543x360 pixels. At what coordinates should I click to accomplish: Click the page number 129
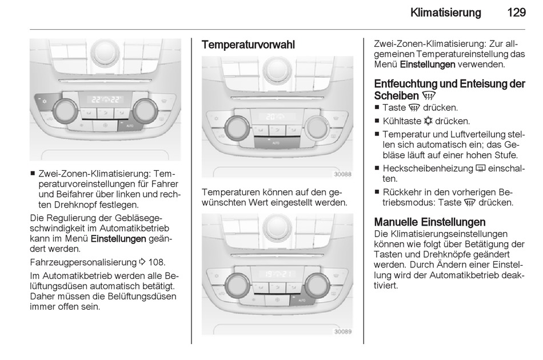click(x=516, y=13)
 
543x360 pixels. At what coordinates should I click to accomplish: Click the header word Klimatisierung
click(x=446, y=13)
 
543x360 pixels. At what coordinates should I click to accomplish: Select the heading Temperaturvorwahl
click(x=248, y=45)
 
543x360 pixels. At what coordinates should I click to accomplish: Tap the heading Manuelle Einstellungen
click(x=429, y=222)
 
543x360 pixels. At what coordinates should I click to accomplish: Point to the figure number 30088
click(x=342, y=174)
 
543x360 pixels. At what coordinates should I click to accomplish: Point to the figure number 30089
click(x=342, y=331)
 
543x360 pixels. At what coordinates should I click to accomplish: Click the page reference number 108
click(x=156, y=262)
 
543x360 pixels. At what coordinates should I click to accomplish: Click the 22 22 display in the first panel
click(x=105, y=100)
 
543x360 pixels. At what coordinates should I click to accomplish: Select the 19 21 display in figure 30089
click(x=276, y=274)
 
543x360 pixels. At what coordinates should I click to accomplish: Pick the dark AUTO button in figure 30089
click(x=302, y=299)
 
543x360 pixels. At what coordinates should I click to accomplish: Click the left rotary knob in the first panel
click(x=65, y=110)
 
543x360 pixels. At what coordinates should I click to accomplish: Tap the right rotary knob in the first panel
click(x=145, y=110)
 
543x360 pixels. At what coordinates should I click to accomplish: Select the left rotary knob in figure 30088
click(x=237, y=127)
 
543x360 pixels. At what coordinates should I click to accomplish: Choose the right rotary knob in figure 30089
click(x=317, y=284)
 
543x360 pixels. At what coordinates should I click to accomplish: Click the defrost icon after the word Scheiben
click(x=428, y=96)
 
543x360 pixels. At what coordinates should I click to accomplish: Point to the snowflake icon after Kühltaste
click(x=428, y=121)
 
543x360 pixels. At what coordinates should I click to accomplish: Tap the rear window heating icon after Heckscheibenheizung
click(x=481, y=169)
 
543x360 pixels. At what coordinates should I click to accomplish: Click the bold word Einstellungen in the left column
click(x=118, y=239)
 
